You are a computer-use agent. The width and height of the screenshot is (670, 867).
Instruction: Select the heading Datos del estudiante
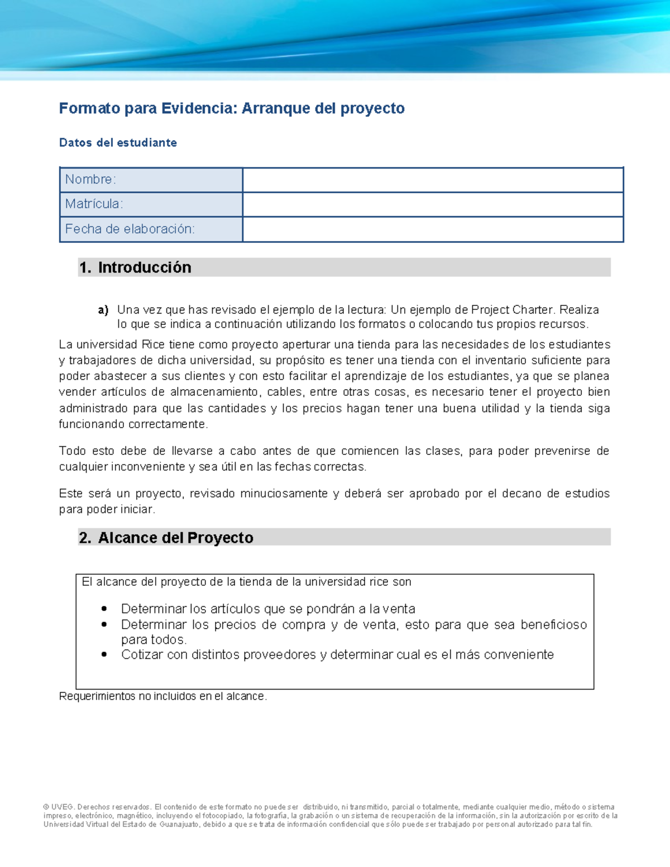[x=118, y=143]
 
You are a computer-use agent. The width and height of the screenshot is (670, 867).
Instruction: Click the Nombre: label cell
[x=151, y=180]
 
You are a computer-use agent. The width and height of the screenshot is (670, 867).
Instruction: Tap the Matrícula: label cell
[x=151, y=204]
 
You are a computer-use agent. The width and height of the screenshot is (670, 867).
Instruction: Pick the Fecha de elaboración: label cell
[x=151, y=229]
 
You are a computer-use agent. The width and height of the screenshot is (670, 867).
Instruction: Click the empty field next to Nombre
[x=433, y=180]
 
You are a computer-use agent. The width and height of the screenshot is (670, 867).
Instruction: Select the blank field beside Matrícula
[x=433, y=204]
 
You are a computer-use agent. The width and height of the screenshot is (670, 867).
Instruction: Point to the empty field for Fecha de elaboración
[x=433, y=229]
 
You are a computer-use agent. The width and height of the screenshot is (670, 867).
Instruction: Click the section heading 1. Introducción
[x=136, y=267]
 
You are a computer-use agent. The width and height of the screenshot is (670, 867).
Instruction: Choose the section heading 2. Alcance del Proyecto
[x=166, y=538]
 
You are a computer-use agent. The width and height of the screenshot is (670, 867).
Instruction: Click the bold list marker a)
[x=103, y=310]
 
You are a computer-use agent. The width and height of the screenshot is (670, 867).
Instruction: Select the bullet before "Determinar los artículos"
[x=104, y=609]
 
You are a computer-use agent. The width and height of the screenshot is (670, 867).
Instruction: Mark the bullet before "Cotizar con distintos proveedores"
[x=104, y=655]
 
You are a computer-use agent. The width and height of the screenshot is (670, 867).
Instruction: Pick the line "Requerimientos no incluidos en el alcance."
[x=163, y=696]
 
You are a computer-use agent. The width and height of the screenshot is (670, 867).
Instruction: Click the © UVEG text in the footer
[x=58, y=807]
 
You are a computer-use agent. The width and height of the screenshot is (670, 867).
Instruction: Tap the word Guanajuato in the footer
[x=179, y=825]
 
